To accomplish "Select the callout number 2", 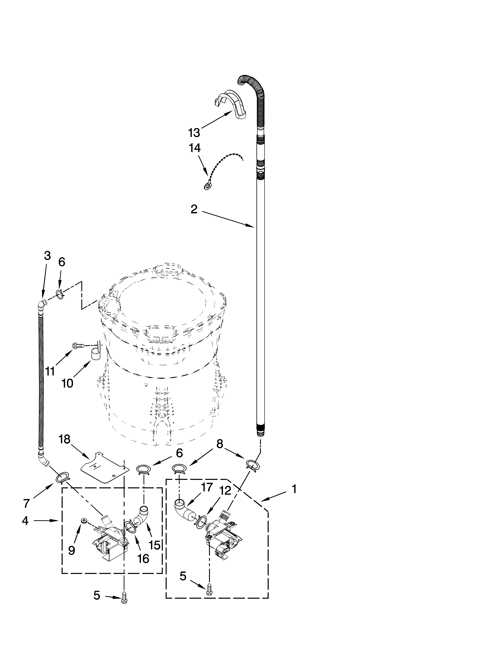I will [x=194, y=209].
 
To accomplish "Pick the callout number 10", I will [x=67, y=383].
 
